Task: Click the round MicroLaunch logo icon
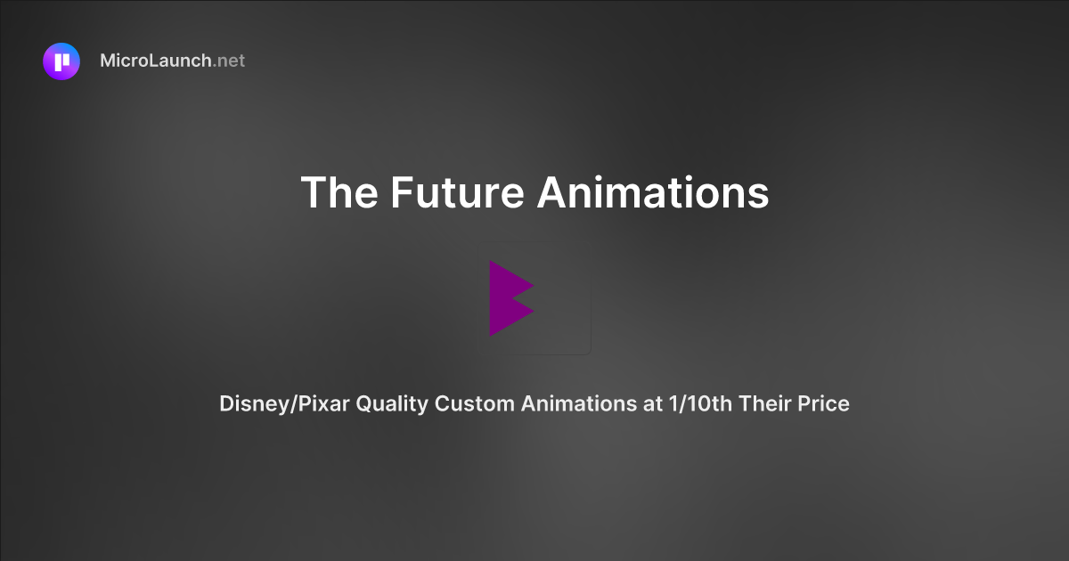click(x=61, y=61)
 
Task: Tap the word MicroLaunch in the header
click(x=156, y=61)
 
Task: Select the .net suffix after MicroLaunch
click(x=229, y=61)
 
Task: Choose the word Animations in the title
click(x=652, y=192)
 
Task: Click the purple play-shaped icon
click(x=510, y=298)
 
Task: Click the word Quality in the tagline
click(x=392, y=403)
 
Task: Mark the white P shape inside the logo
click(x=61, y=61)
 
